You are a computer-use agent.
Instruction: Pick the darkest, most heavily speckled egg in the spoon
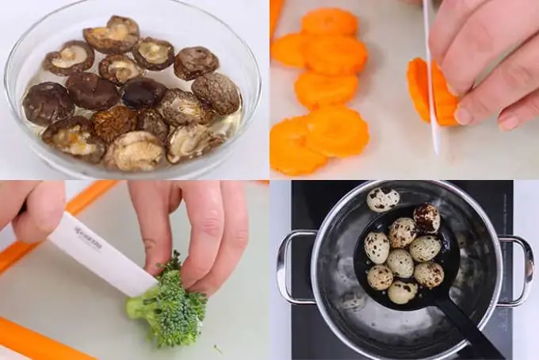tap(426, 217)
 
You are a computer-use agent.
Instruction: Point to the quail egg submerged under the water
tap(352, 300)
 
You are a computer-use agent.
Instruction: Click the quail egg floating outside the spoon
tap(383, 199)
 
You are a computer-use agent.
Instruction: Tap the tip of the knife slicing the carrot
tap(436, 151)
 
